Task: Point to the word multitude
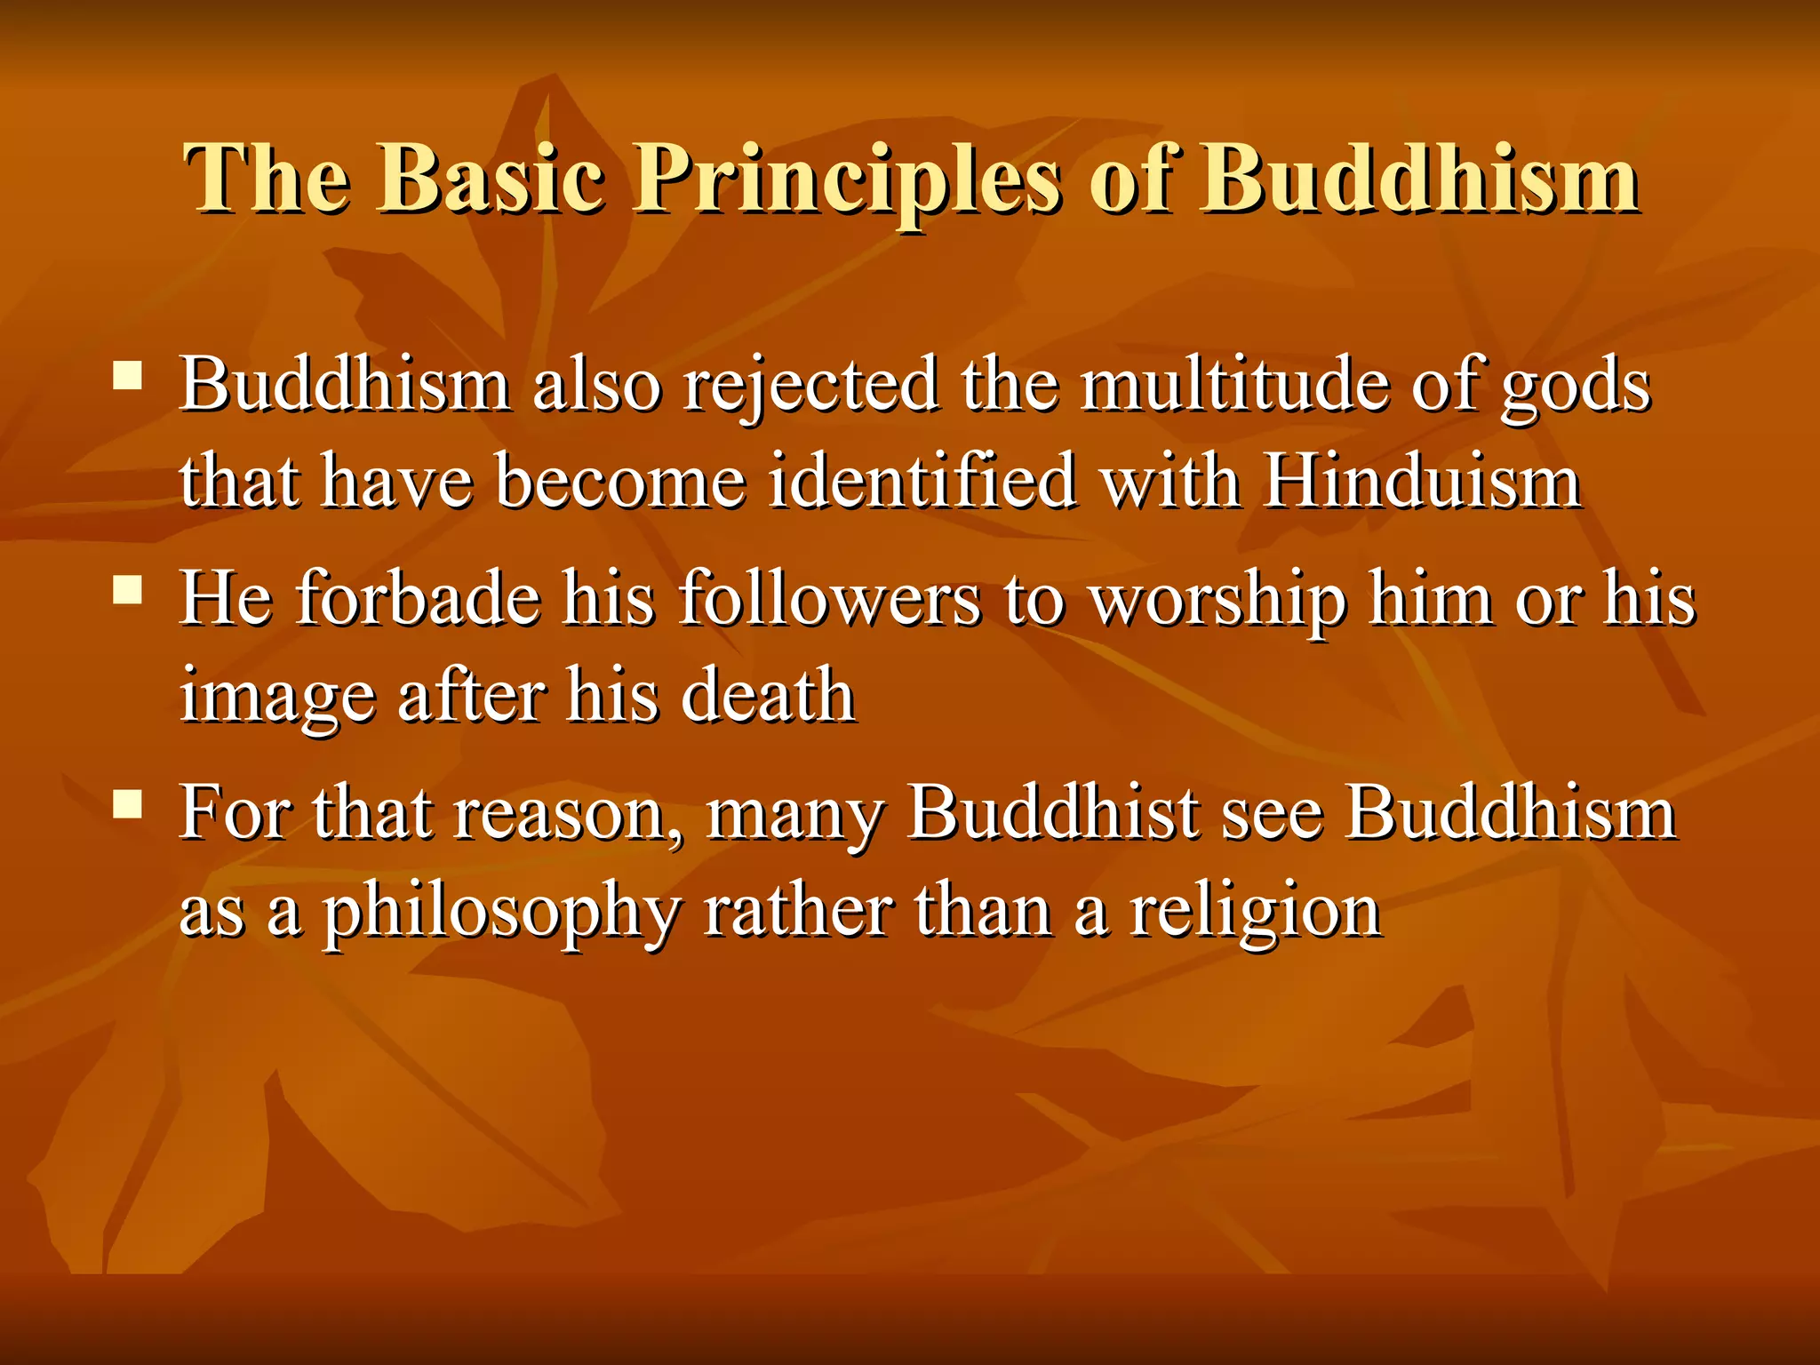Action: click(1235, 384)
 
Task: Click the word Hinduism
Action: click(1423, 482)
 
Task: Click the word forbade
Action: click(419, 598)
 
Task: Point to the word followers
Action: click(831, 598)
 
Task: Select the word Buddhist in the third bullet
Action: click(1052, 812)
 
